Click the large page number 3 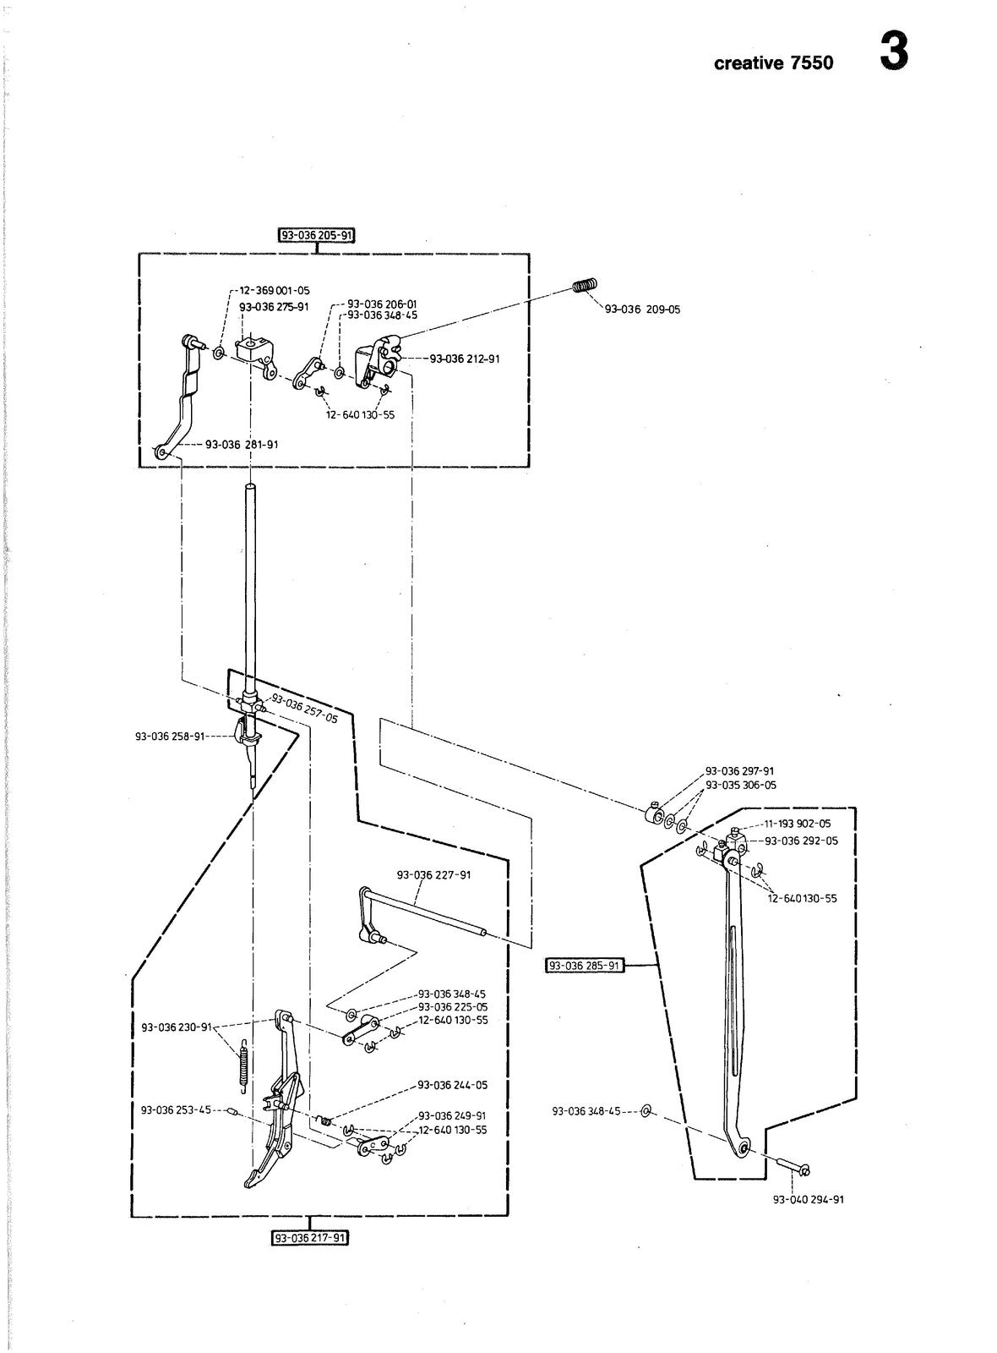pyautogui.click(x=894, y=52)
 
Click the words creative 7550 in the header pyautogui.click(x=773, y=63)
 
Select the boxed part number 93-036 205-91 pyautogui.click(x=316, y=235)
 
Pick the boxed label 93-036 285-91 pyautogui.click(x=584, y=965)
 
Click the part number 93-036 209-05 pyautogui.click(x=642, y=309)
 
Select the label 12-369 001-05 pyautogui.click(x=275, y=291)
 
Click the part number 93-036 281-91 pyautogui.click(x=242, y=445)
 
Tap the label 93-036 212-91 pyautogui.click(x=465, y=359)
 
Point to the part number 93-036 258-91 pyautogui.click(x=170, y=737)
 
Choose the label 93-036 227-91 pyautogui.click(x=434, y=874)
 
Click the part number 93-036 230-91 pyautogui.click(x=177, y=1027)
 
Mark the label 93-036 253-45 pyautogui.click(x=176, y=1109)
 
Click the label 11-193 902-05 pyautogui.click(x=798, y=824)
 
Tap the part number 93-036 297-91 pyautogui.click(x=740, y=770)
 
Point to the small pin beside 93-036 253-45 pyautogui.click(x=232, y=1110)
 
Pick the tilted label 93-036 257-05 pyautogui.click(x=305, y=708)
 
